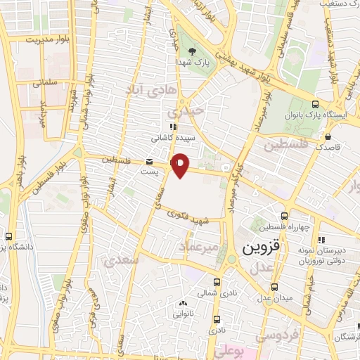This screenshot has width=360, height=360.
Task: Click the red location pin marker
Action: pyautogui.click(x=181, y=165)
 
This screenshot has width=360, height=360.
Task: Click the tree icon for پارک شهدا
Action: pyautogui.click(x=193, y=51)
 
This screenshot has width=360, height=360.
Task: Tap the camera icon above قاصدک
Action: pyautogui.click(x=328, y=136)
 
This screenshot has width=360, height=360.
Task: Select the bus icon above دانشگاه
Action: pyautogui.click(x=8, y=237)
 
